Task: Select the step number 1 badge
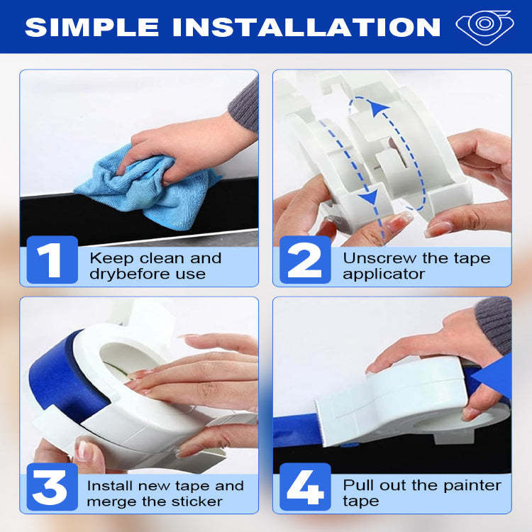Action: (52, 260)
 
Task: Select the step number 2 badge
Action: (305, 260)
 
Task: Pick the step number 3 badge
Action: (52, 487)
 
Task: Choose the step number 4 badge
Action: (305, 487)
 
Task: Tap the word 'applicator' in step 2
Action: (384, 274)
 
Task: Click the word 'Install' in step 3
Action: (109, 486)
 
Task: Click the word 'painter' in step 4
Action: (469, 486)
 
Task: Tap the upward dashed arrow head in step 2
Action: (375, 107)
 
